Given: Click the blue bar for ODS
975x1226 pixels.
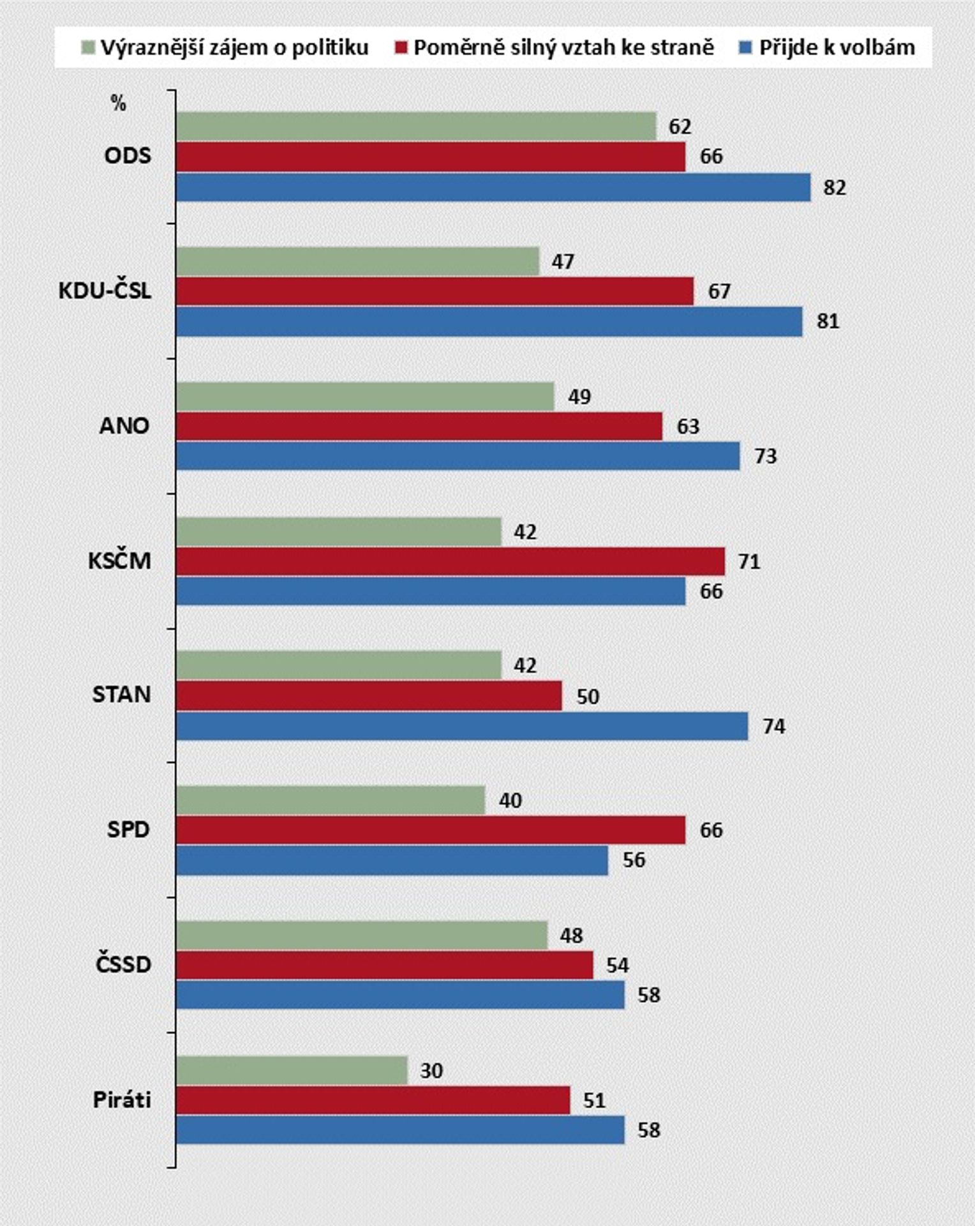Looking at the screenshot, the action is [x=493, y=187].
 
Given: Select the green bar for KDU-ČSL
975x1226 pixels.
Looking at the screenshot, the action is [x=358, y=261].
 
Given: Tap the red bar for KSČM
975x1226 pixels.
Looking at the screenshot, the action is [x=450, y=561].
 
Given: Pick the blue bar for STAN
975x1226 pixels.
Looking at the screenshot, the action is [x=462, y=726].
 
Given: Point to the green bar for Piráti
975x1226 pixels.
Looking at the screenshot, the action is [x=292, y=1070].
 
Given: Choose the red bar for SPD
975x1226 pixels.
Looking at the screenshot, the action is [x=431, y=829].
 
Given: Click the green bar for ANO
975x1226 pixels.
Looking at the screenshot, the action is [x=365, y=397].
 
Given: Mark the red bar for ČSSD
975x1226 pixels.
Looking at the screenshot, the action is [x=385, y=965].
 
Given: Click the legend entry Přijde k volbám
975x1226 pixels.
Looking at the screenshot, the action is [x=828, y=47].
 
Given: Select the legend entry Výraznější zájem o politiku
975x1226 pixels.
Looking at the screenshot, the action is [x=225, y=48].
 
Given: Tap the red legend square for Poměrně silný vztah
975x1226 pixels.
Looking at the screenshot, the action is [x=401, y=47].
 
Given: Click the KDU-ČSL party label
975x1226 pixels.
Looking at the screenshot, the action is [x=105, y=291].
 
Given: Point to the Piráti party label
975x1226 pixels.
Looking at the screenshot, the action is [x=122, y=1100].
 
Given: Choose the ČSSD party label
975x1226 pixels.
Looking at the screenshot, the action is [x=123, y=964].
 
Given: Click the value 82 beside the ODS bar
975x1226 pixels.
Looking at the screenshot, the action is [x=835, y=188].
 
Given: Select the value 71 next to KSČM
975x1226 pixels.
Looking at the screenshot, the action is [x=748, y=562].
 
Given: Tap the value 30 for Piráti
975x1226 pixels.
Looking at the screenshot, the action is [x=431, y=1071].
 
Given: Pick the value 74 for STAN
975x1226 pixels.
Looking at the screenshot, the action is [x=773, y=727].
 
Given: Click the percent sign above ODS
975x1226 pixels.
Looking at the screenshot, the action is [x=118, y=104].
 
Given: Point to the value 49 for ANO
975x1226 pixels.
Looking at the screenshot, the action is [x=579, y=397].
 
